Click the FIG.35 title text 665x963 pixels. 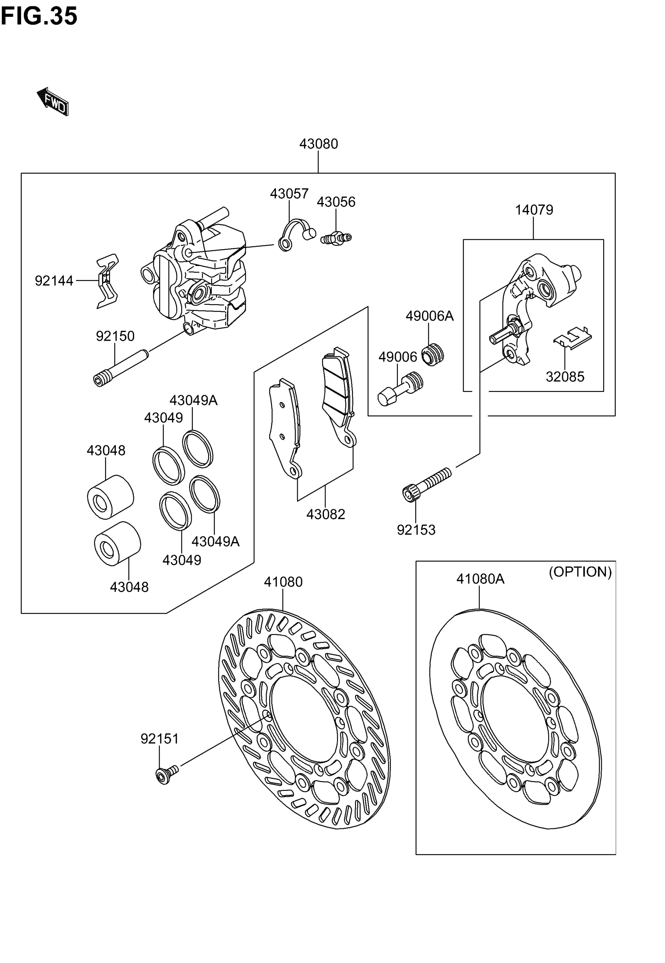click(39, 17)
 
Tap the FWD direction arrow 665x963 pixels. click(53, 101)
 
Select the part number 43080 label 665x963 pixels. click(318, 144)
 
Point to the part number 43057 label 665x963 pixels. click(289, 194)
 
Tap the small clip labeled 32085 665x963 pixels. click(573, 336)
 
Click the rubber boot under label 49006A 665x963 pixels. click(433, 355)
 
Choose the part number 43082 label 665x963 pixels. click(325, 515)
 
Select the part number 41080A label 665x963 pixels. click(480, 579)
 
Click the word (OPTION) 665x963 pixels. click(580, 572)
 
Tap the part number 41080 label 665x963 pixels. click(283, 582)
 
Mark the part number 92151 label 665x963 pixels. click(159, 739)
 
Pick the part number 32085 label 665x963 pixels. click(564, 377)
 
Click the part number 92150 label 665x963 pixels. click(115, 336)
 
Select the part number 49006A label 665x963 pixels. click(429, 316)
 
